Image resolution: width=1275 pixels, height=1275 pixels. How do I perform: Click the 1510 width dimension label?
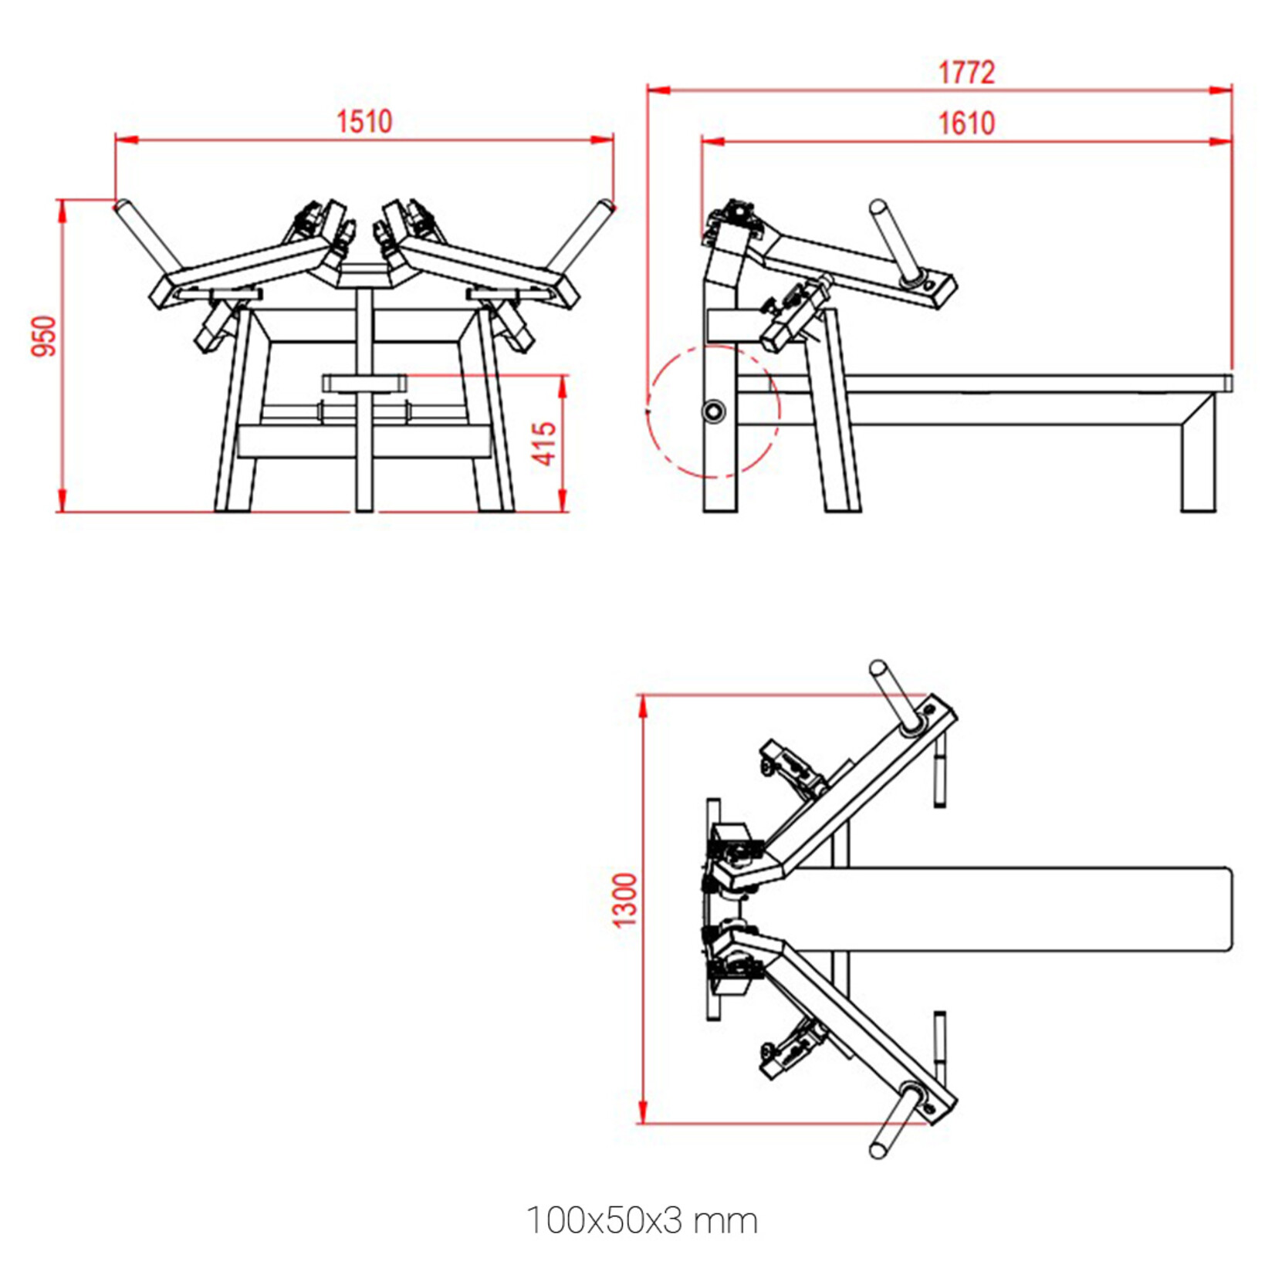click(364, 121)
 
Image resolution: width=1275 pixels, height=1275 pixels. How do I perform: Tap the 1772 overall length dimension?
click(966, 73)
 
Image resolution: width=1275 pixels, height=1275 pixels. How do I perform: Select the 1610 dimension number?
click(966, 123)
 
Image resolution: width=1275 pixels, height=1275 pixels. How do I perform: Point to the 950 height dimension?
click(45, 336)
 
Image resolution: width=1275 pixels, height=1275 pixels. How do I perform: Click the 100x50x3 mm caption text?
click(641, 1220)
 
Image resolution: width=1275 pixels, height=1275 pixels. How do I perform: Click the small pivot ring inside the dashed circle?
click(712, 411)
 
